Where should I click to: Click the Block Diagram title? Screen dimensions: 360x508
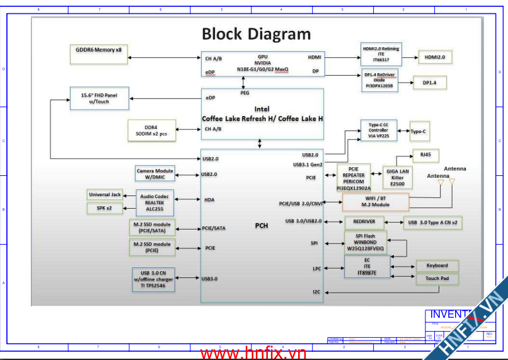[256, 34]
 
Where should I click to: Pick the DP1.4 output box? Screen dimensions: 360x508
[434, 83]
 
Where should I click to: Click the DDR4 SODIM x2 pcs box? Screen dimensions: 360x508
[152, 131]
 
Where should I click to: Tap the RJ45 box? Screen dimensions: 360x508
[425, 154]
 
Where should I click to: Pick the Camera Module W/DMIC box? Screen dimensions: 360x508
[154, 173]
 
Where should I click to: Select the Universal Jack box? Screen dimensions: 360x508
[105, 195]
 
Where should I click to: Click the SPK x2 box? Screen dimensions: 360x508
[105, 207]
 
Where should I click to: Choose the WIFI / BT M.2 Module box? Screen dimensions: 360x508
[376, 202]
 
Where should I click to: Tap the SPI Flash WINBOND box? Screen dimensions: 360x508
[366, 243]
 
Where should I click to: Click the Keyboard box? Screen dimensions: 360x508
[437, 265]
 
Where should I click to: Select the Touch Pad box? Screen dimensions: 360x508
[437, 278]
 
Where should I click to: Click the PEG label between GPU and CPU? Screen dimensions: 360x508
[245, 92]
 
